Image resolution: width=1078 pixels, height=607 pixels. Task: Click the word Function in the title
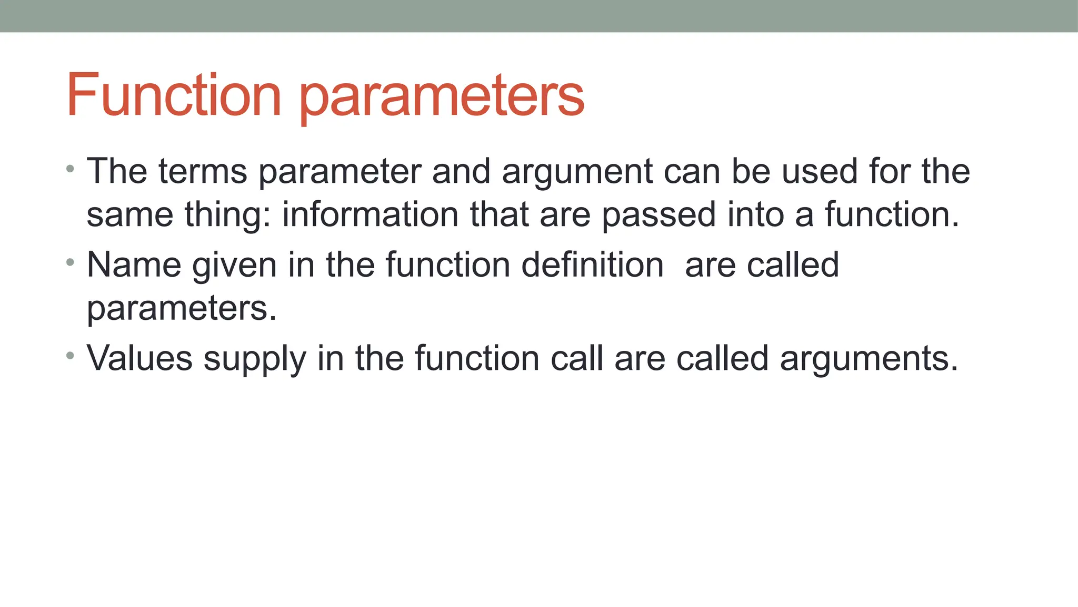pos(174,95)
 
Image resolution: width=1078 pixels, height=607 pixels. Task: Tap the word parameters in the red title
pos(442,97)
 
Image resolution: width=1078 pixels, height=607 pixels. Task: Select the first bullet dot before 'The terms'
pos(71,169)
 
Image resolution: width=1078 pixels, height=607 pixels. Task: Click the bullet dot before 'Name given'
pos(71,262)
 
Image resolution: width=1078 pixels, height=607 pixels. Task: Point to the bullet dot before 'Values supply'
pos(71,356)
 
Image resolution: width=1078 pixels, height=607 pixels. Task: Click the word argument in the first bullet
pos(577,172)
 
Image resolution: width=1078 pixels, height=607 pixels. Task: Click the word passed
pos(659,214)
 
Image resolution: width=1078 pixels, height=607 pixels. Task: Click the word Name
pos(134,265)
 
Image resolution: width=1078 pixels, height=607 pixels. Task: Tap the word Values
pos(140,358)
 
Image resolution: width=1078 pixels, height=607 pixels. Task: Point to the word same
pos(129,216)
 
